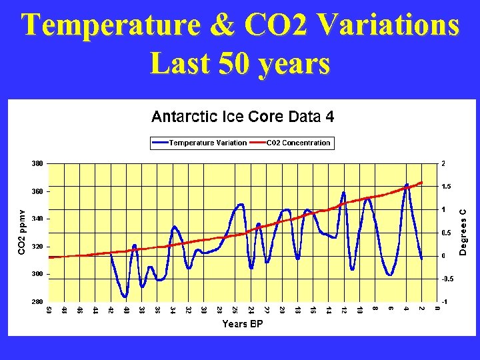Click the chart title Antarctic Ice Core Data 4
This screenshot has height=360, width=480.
tap(243, 117)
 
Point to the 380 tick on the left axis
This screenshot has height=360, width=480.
tap(37, 163)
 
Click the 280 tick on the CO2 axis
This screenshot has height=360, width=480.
tap(37, 302)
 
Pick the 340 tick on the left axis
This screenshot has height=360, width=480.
tap(37, 219)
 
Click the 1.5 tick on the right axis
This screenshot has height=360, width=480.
tap(446, 187)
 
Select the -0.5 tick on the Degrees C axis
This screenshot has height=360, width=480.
tap(446, 279)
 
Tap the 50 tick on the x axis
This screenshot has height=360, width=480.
tap(49, 309)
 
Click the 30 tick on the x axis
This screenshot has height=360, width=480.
tap(204, 309)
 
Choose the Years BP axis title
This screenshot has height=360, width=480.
tap(243, 325)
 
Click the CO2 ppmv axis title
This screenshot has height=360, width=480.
tap(21, 232)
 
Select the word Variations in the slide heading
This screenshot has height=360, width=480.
tap(389, 26)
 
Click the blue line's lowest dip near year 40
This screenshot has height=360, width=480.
tap(125, 297)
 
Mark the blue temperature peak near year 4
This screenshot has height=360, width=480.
tap(407, 185)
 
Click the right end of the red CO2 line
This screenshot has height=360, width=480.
tap(422, 182)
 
